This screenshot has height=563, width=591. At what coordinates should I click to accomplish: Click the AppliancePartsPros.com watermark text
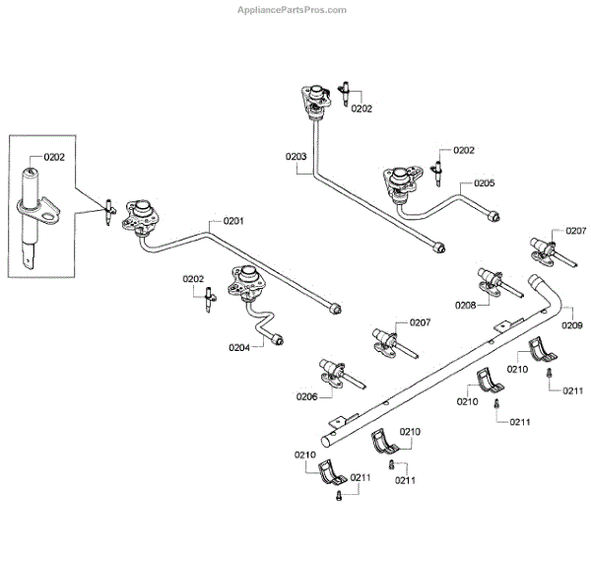click(x=292, y=10)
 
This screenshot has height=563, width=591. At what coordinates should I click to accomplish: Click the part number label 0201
click(x=233, y=221)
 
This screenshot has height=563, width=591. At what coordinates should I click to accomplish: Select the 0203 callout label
click(x=295, y=156)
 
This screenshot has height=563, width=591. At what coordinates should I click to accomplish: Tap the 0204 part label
click(x=239, y=347)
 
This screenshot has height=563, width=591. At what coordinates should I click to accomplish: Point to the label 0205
click(x=485, y=183)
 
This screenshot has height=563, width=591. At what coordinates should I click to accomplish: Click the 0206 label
click(x=306, y=396)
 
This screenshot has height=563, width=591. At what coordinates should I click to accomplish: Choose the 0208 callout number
click(x=466, y=306)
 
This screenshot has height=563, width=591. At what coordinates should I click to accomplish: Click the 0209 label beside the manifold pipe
click(x=571, y=325)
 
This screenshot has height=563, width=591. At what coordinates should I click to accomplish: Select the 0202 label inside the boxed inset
click(x=54, y=157)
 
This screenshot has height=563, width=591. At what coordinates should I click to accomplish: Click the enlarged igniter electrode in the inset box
click(x=31, y=219)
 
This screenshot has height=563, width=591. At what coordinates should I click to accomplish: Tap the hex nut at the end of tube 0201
click(x=335, y=309)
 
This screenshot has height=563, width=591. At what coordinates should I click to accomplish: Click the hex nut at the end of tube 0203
click(x=439, y=247)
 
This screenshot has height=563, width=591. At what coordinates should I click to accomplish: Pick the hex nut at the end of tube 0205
click(x=494, y=217)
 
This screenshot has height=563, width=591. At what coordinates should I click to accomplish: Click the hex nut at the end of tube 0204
click(x=278, y=339)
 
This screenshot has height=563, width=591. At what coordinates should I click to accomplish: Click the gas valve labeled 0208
click(x=498, y=283)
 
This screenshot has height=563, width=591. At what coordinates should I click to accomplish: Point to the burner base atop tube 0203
click(x=316, y=100)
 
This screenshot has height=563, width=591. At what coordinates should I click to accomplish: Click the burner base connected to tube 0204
click(x=247, y=283)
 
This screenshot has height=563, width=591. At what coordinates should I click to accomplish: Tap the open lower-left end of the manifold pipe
click(x=325, y=441)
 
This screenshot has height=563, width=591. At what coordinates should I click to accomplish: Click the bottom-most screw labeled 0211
click(x=339, y=495)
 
